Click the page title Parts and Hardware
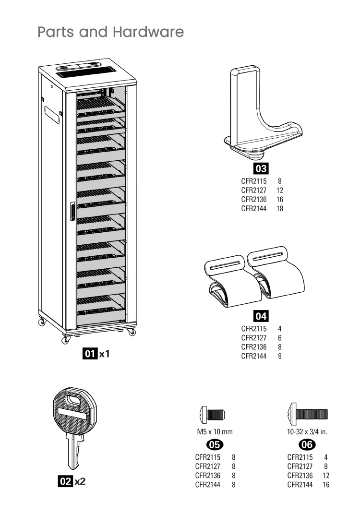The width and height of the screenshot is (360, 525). point(110,32)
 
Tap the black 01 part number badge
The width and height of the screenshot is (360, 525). point(90,354)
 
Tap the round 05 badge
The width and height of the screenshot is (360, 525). point(215,444)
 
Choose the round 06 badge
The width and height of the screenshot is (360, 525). point(307,444)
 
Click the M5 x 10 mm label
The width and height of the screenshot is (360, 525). point(215,432)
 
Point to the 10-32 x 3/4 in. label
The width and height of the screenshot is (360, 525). point(307,432)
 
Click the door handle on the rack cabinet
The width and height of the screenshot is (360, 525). point(72,211)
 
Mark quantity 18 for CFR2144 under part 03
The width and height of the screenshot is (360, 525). point(279,209)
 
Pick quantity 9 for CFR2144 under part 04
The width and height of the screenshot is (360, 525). point(279,356)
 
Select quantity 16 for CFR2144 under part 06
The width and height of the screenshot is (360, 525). point(326,485)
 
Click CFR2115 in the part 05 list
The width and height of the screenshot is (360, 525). point(208,457)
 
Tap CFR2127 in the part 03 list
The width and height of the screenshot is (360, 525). point(254,191)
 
